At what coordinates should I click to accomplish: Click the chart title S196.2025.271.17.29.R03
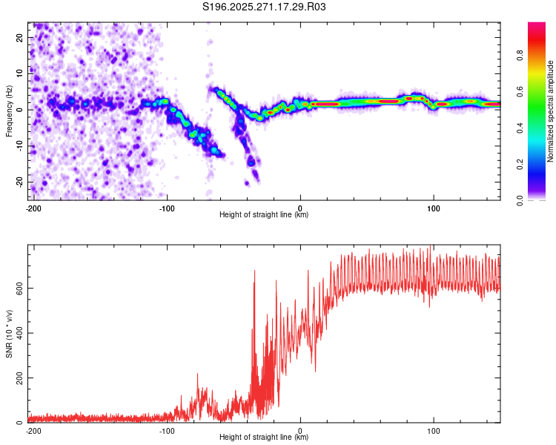pos(265,7)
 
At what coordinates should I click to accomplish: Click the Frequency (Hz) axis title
pos(9,111)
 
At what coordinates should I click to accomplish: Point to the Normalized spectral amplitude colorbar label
pos(551,111)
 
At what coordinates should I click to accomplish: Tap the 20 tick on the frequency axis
pos(20,37)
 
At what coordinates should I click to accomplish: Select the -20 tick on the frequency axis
pos(19,182)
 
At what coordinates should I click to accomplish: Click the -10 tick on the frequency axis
pos(19,145)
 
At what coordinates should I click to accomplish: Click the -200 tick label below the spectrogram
pos(33,208)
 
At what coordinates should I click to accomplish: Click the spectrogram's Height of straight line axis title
pos(264,216)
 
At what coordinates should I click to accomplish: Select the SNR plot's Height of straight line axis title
pos(264,438)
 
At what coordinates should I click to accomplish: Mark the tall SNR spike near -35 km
pos(254,272)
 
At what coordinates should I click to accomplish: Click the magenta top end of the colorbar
pos(537,26)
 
